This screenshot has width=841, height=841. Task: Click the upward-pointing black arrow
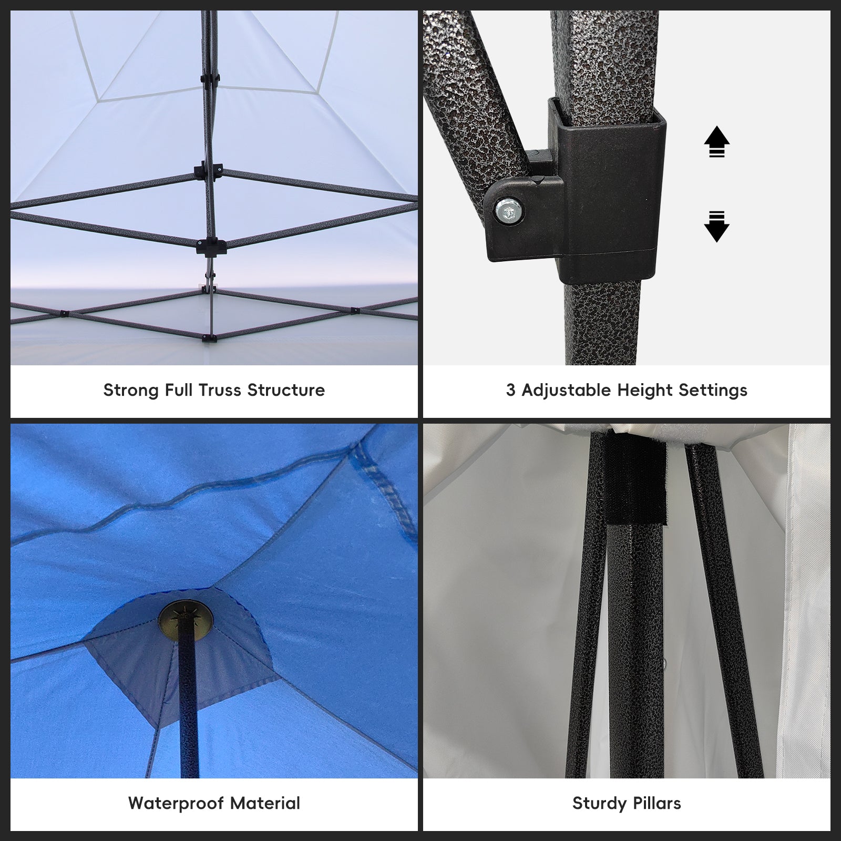(x=716, y=141)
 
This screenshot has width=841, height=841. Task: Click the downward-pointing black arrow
(x=716, y=227)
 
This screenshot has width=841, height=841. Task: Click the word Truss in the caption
(x=220, y=390)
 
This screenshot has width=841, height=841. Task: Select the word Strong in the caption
(x=132, y=391)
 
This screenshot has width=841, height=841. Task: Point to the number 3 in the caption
(x=511, y=390)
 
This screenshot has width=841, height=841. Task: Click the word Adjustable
(x=567, y=391)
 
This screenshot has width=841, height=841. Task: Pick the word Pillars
(x=657, y=803)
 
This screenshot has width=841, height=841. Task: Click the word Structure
(x=286, y=390)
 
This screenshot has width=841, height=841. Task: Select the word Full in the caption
(x=179, y=390)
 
